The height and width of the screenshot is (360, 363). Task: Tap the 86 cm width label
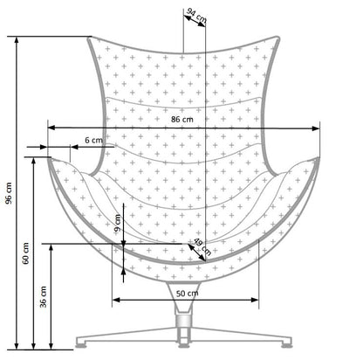(182, 120)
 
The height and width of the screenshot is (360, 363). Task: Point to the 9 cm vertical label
(118, 223)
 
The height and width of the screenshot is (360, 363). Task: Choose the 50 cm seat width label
(185, 293)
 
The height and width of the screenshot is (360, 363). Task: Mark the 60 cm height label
(26, 254)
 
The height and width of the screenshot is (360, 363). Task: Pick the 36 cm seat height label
(45, 297)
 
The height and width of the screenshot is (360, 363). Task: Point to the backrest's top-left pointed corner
(91, 38)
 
